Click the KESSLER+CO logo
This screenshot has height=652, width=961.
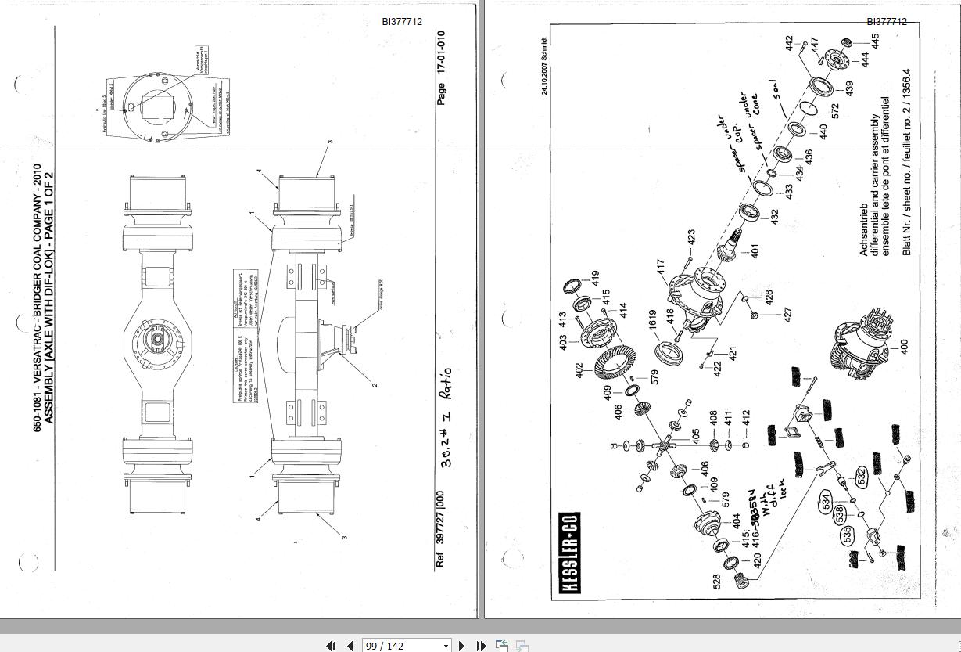(569, 553)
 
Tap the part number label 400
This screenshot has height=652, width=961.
(905, 347)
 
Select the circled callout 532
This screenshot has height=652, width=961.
(861, 477)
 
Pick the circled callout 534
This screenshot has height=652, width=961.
(825, 502)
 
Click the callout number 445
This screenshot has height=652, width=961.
(876, 41)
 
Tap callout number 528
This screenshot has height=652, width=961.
(716, 582)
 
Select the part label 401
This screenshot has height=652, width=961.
(755, 252)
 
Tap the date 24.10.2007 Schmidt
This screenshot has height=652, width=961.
(545, 66)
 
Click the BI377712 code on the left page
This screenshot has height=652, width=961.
(402, 22)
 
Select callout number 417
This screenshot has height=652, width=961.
(660, 268)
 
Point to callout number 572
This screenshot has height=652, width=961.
(835, 111)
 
